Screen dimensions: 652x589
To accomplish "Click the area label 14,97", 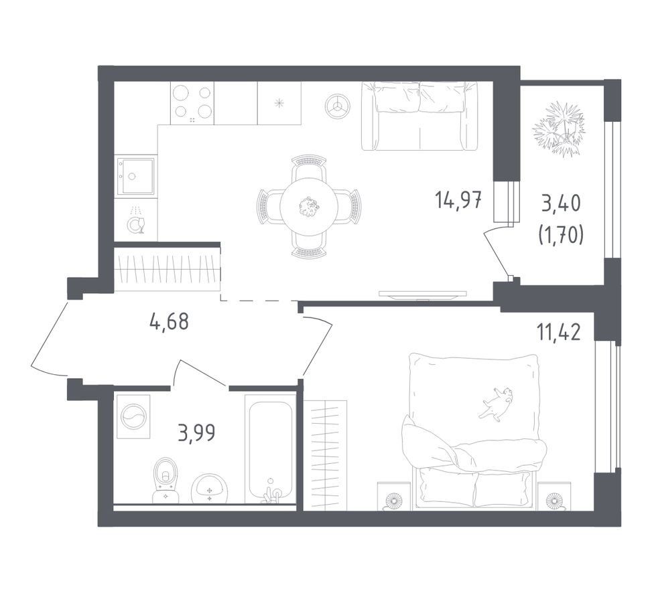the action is [x=458, y=200].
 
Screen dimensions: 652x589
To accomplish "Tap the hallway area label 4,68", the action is [x=169, y=321].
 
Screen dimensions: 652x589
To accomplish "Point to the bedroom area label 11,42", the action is [x=558, y=332].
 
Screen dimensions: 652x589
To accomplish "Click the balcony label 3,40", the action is [x=561, y=204].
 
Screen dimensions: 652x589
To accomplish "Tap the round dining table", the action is [x=308, y=206].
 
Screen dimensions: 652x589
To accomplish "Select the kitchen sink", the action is [x=135, y=176].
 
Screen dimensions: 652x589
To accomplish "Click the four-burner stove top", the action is [x=192, y=103].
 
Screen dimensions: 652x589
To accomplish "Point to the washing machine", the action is [x=133, y=416].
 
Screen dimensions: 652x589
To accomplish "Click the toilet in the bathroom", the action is [x=166, y=480].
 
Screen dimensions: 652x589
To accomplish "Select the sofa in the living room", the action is [x=419, y=116].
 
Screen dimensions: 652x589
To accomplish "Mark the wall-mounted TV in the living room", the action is [x=422, y=294].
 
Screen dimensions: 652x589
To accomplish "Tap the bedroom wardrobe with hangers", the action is [x=326, y=454].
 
